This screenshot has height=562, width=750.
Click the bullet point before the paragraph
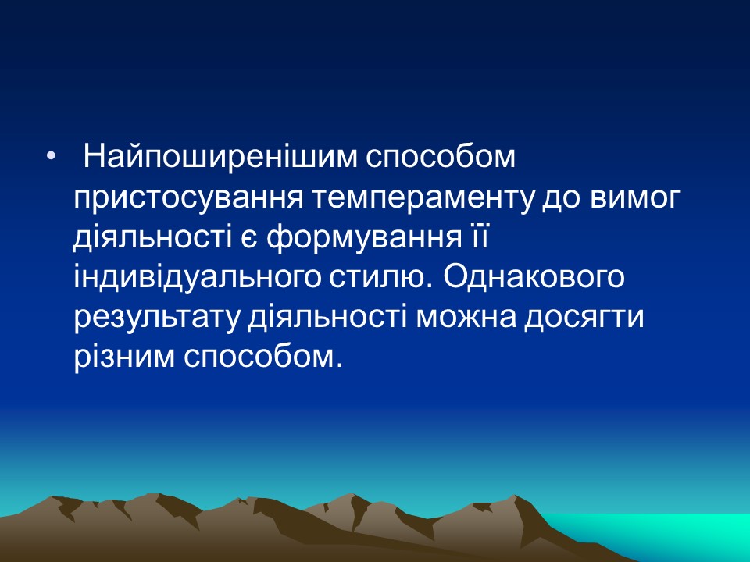tap(52, 159)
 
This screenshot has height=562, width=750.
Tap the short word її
tap(478, 237)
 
